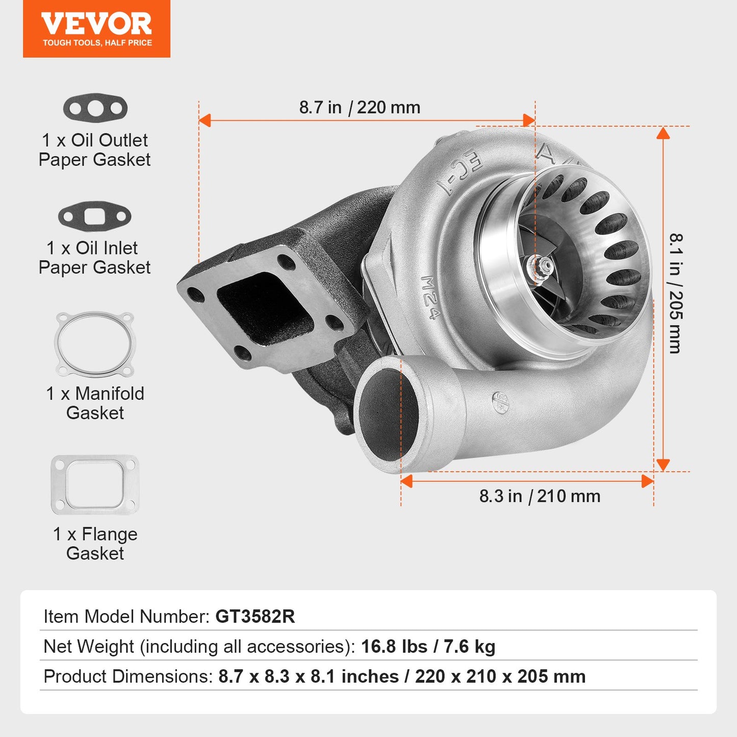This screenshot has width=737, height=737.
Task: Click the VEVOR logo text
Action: pyautogui.click(x=96, y=24)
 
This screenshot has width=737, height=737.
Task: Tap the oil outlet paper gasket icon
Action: pyautogui.click(x=95, y=108)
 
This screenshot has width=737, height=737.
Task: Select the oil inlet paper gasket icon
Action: pyautogui.click(x=94, y=216)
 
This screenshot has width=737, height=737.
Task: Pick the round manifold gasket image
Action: pyautogui.click(x=95, y=344)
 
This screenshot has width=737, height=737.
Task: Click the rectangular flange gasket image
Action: pyautogui.click(x=95, y=485)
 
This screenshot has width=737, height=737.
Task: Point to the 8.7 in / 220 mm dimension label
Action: pyautogui.click(x=360, y=108)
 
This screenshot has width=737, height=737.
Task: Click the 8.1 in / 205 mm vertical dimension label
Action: pyautogui.click(x=675, y=293)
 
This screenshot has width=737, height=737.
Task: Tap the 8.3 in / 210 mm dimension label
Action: pyautogui.click(x=540, y=496)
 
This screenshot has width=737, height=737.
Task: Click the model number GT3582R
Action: pyautogui.click(x=255, y=617)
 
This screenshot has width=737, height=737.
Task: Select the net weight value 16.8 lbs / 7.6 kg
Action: pyautogui.click(x=428, y=647)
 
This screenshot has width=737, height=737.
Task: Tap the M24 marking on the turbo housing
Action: pyautogui.click(x=430, y=297)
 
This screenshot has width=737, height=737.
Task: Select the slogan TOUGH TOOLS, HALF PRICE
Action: pyautogui.click(x=97, y=43)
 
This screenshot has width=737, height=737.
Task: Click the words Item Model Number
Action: pyautogui.click(x=126, y=617)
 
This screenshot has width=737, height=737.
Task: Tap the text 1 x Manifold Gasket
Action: pyautogui.click(x=95, y=403)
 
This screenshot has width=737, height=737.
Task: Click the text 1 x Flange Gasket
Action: pyautogui.click(x=95, y=544)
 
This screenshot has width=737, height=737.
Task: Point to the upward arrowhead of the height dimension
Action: pyautogui.click(x=663, y=133)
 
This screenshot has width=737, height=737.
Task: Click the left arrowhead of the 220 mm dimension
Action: pyautogui.click(x=205, y=120)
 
